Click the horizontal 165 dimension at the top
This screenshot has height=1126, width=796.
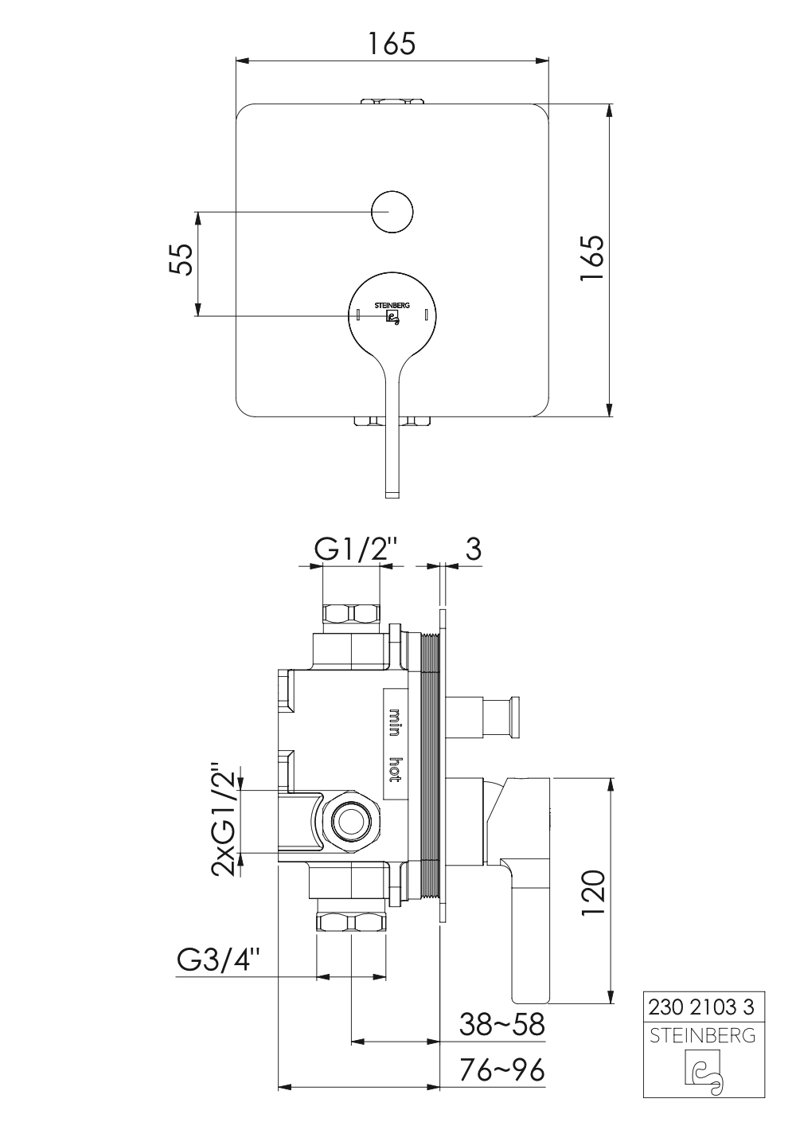pyautogui.click(x=392, y=44)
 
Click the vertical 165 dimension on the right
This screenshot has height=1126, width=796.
pyautogui.click(x=591, y=259)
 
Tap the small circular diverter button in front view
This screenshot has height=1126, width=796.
pyautogui.click(x=392, y=212)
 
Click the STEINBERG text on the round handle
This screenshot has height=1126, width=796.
pyautogui.click(x=392, y=305)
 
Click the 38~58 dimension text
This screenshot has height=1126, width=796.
pyautogui.click(x=502, y=1024)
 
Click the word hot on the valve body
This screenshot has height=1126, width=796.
pyautogui.click(x=395, y=769)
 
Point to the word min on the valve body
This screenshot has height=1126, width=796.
pyautogui.click(x=395, y=723)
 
